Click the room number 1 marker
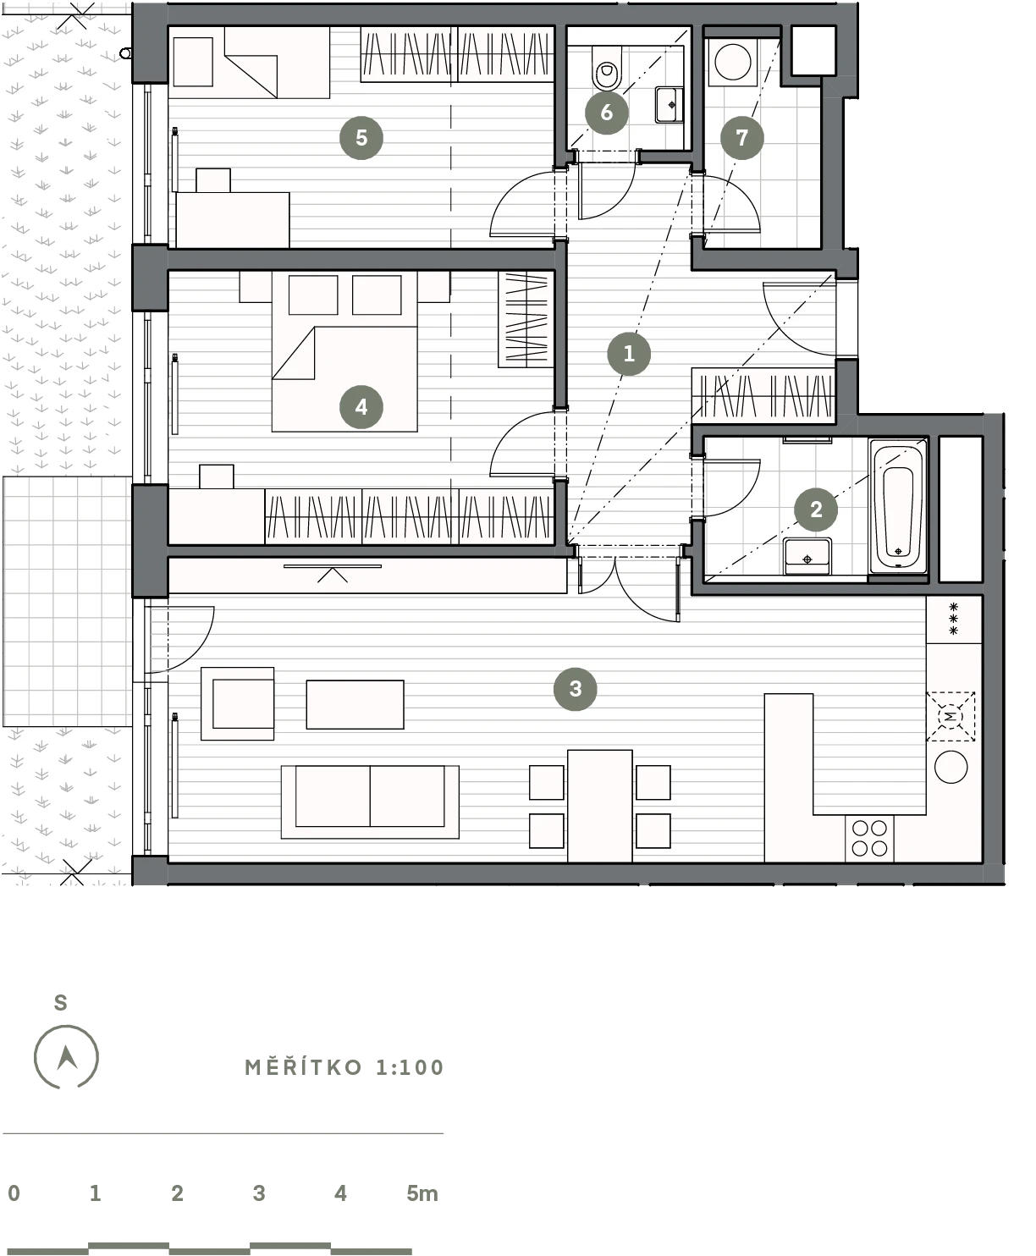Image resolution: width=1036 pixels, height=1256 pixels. coord(629,354)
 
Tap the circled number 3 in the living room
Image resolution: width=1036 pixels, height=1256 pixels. coord(576,689)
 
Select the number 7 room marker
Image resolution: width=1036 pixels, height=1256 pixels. coord(741,138)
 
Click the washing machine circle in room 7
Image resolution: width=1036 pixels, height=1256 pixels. coord(733,62)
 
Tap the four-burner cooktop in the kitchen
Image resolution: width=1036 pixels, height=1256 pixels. coord(869,839)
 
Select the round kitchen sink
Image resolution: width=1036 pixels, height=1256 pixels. coord(951,767)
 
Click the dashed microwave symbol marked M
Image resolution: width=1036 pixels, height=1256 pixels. coord(951,716)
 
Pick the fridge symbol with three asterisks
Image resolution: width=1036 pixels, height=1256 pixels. coord(954,620)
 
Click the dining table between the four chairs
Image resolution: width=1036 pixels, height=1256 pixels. coord(600,806)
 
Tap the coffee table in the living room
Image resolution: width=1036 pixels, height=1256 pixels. coord(355,704)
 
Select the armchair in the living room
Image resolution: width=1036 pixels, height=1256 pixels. coord(238,704)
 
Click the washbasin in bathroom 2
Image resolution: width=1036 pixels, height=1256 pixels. coord(807,556)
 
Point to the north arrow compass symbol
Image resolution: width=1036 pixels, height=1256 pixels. coord(66,1057)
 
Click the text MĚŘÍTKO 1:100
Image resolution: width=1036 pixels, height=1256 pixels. coord(344,1068)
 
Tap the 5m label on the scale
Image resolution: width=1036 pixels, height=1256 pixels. coord(422,1193)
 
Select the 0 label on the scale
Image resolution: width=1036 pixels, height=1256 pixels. coord(14,1193)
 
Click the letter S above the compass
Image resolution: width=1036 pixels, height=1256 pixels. coord(60,1003)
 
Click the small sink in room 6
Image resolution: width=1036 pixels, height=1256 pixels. coord(669,105)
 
